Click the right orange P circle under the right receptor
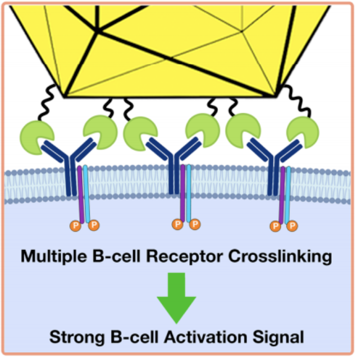[x=291, y=227]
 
